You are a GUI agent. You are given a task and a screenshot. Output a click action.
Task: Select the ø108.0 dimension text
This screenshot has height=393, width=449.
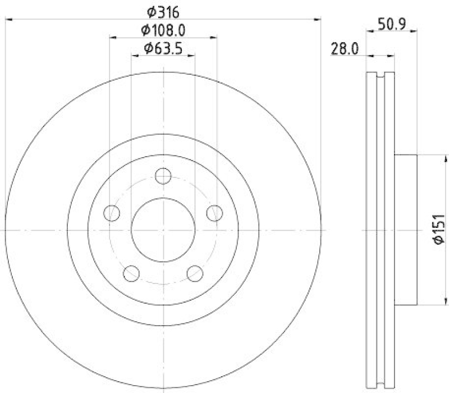tap(163, 30)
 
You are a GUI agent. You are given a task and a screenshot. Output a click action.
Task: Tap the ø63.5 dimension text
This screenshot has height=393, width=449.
tap(163, 48)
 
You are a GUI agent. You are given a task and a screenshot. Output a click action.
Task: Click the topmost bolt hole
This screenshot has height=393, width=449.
tap(163, 177)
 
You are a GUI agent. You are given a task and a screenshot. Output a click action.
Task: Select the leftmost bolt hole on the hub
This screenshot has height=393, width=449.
tap(113, 213)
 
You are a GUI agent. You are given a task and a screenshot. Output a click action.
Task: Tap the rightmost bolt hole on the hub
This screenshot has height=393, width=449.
tap(213, 213)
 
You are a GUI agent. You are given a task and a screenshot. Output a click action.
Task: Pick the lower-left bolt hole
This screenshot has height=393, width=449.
tap(132, 273)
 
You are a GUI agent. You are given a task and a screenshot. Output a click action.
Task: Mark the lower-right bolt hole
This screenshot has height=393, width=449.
tap(194, 273)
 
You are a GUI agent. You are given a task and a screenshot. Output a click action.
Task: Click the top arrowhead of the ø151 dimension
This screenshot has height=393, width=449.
tap(426, 157)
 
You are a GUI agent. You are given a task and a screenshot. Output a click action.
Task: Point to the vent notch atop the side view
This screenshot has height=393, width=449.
tap(379, 75)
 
